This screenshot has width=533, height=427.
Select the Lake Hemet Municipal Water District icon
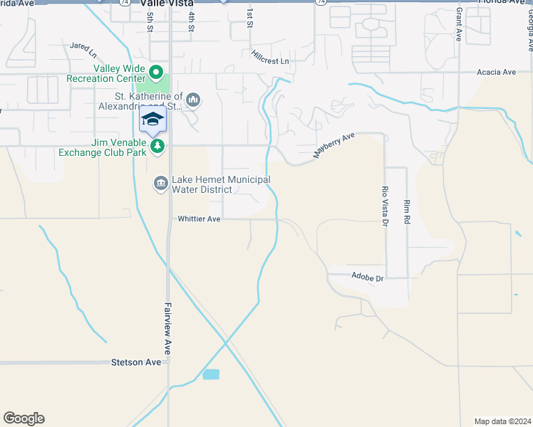pyautogui.click(x=160, y=184)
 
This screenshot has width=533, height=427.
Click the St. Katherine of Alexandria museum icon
pyautogui.click(x=193, y=100)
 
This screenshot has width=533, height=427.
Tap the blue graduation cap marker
pyautogui.click(x=152, y=118)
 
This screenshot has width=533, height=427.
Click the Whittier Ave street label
pyautogui.click(x=200, y=219)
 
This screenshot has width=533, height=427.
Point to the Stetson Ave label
pyautogui.click(x=136, y=362)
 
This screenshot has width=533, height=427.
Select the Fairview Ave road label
pyautogui.click(x=168, y=327)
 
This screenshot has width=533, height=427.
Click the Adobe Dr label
pyautogui.click(x=368, y=276)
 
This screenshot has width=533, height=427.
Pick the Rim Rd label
pyautogui.click(x=407, y=212)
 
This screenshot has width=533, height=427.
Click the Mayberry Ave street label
pyautogui.click(x=335, y=145)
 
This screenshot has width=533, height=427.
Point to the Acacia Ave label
pyautogui.click(x=497, y=72)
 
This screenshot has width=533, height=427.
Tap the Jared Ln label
pyautogui.click(x=83, y=49)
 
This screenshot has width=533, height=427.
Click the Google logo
pyautogui.click(x=24, y=418)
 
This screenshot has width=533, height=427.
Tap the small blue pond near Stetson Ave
pyautogui.click(x=211, y=374)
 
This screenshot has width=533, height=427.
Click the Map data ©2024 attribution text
pyautogui.click(x=502, y=421)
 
